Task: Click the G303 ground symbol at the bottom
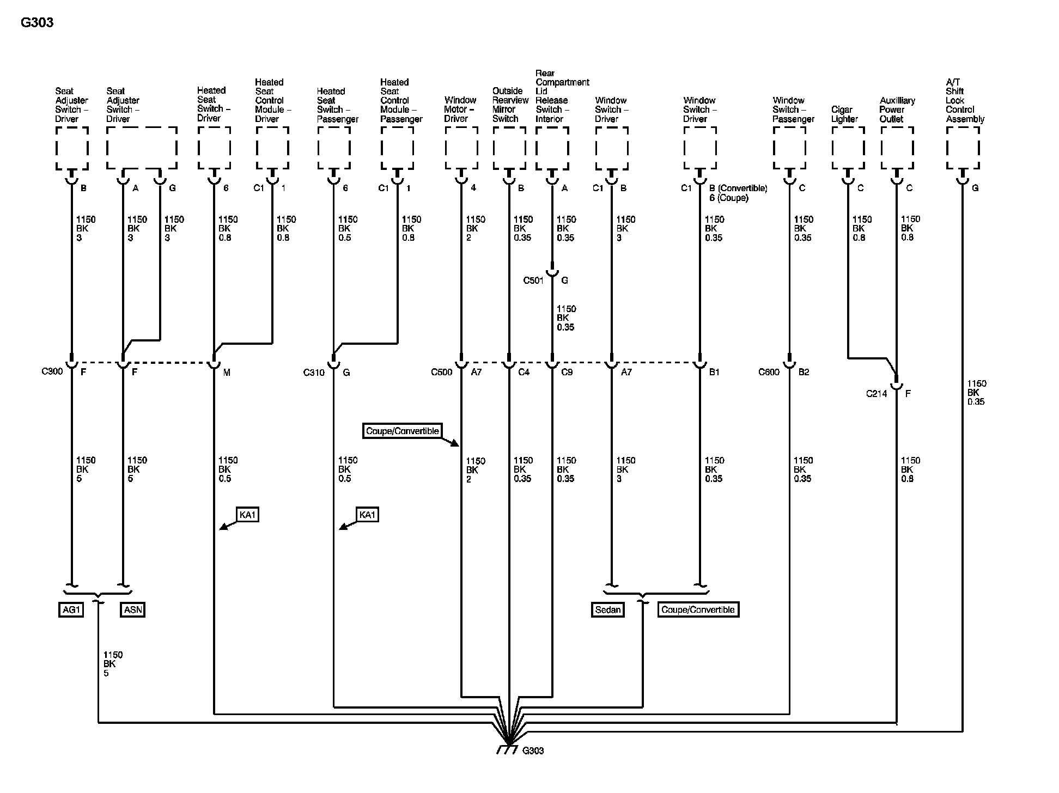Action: tap(507, 749)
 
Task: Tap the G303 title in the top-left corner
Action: tap(37, 23)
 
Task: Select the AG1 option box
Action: tap(71, 609)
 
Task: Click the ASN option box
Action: tap(133, 609)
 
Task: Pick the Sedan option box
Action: tap(607, 609)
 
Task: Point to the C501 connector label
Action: tap(533, 280)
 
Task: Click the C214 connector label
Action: tap(877, 393)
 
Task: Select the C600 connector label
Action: tap(769, 372)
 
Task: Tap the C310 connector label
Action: tap(314, 373)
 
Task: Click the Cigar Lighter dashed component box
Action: tap(848, 148)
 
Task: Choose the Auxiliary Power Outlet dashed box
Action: tap(897, 148)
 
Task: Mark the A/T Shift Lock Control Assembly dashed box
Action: tap(963, 148)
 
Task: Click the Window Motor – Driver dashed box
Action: tap(461, 148)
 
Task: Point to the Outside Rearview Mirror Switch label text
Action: tap(510, 105)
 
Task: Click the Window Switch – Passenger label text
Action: tap(793, 109)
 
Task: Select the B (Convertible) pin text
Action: tap(738, 188)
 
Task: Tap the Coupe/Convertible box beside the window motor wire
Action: tap(402, 431)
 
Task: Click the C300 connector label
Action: tap(52, 371)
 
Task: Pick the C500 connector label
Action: tap(441, 372)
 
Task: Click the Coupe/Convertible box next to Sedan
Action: tap(698, 609)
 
